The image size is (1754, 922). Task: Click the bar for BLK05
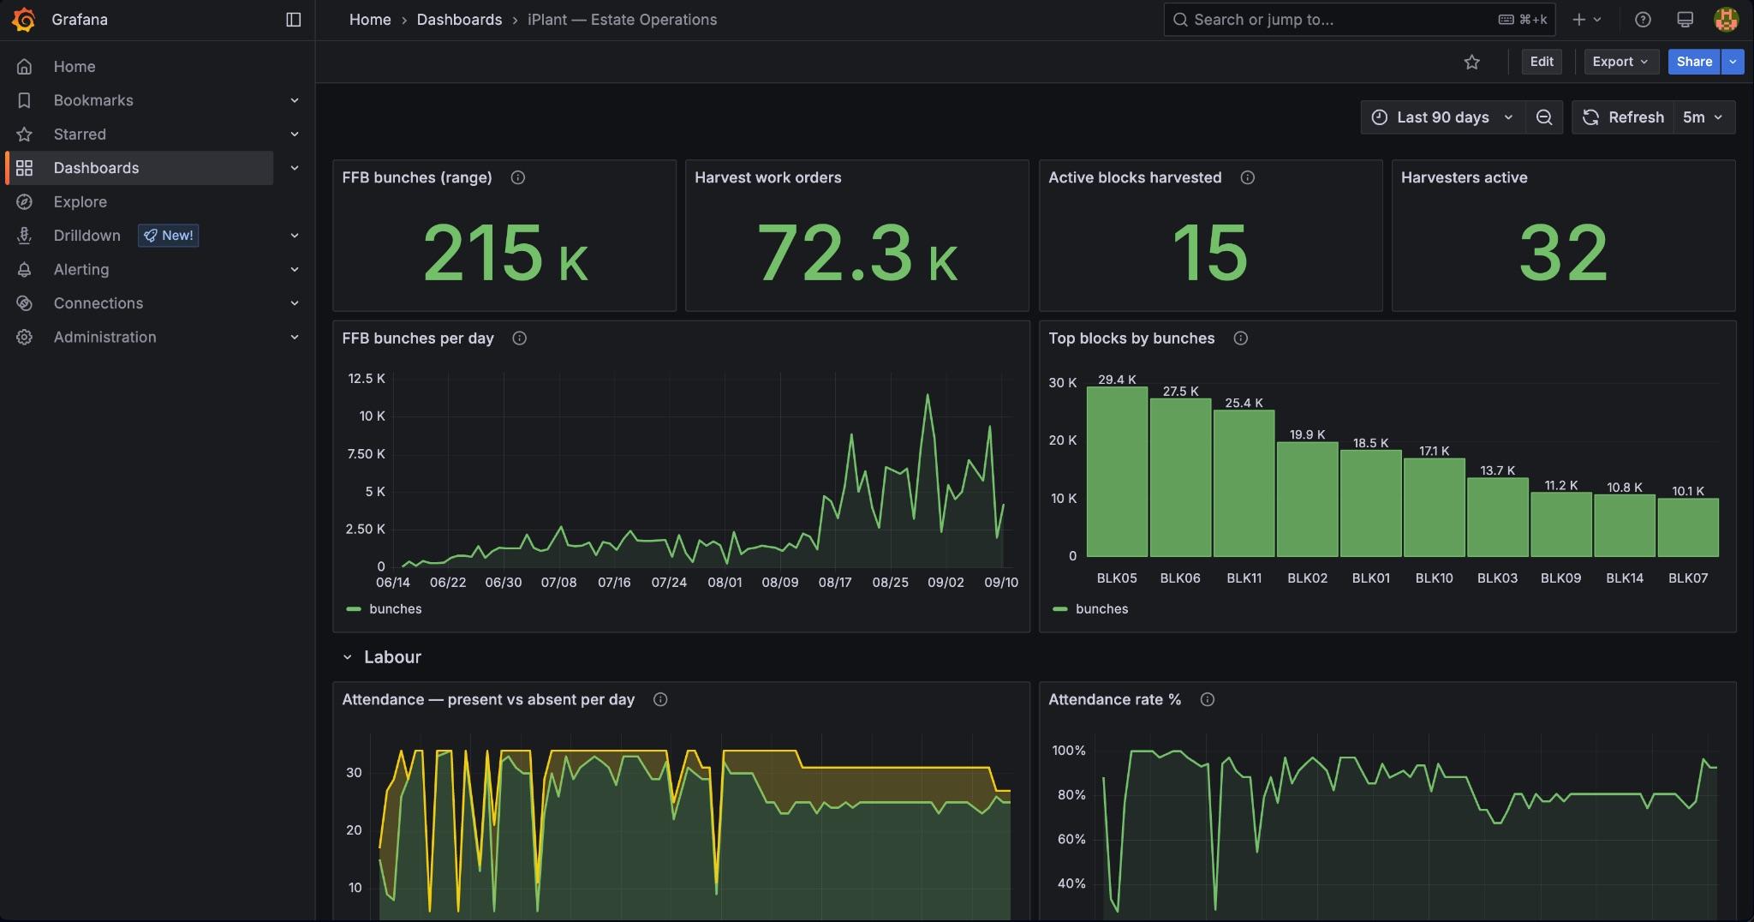[x=1117, y=472]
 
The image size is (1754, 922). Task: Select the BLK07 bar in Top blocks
[x=1688, y=528]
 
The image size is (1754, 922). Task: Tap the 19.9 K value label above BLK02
[x=1307, y=434]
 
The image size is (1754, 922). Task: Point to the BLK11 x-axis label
[x=1244, y=578]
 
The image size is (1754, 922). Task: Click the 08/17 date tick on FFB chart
[x=835, y=583]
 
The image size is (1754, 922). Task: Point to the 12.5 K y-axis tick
[x=367, y=379]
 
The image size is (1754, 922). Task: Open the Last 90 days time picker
[x=1443, y=117]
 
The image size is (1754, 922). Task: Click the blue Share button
[x=1694, y=62]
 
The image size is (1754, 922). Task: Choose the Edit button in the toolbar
[x=1542, y=62]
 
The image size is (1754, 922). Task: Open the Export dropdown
[x=1620, y=62]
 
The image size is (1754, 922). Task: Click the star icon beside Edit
[x=1472, y=62]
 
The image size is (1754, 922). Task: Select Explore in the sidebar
[x=80, y=202]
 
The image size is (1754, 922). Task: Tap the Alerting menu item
[x=81, y=270]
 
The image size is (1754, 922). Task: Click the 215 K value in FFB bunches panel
[x=505, y=253]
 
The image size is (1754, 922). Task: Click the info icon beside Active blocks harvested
[x=1248, y=177]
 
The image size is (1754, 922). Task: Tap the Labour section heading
[x=392, y=657]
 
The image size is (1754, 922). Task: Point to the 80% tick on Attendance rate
[x=1071, y=795]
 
